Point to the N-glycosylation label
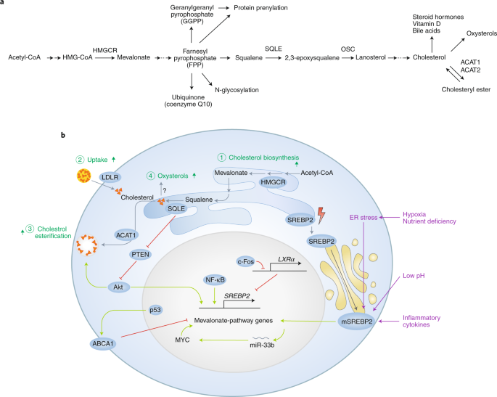pyautogui.click(x=237, y=90)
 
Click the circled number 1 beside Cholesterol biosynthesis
pyautogui.click(x=222, y=157)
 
